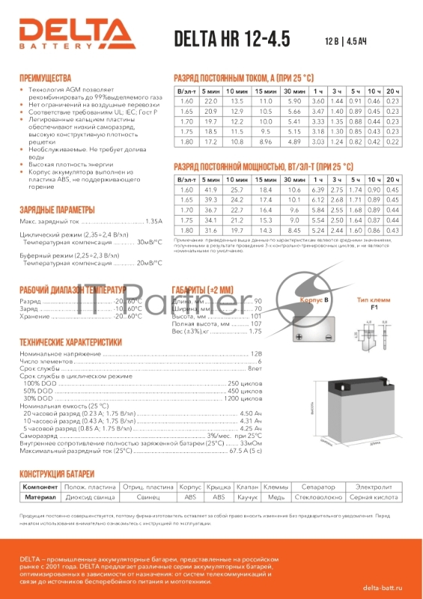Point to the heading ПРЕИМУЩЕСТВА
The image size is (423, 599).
(x=45, y=78)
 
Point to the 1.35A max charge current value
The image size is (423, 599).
(x=152, y=222)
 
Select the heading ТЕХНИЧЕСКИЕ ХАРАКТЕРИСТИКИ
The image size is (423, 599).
(x=70, y=341)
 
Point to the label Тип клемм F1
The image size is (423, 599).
(x=376, y=302)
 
